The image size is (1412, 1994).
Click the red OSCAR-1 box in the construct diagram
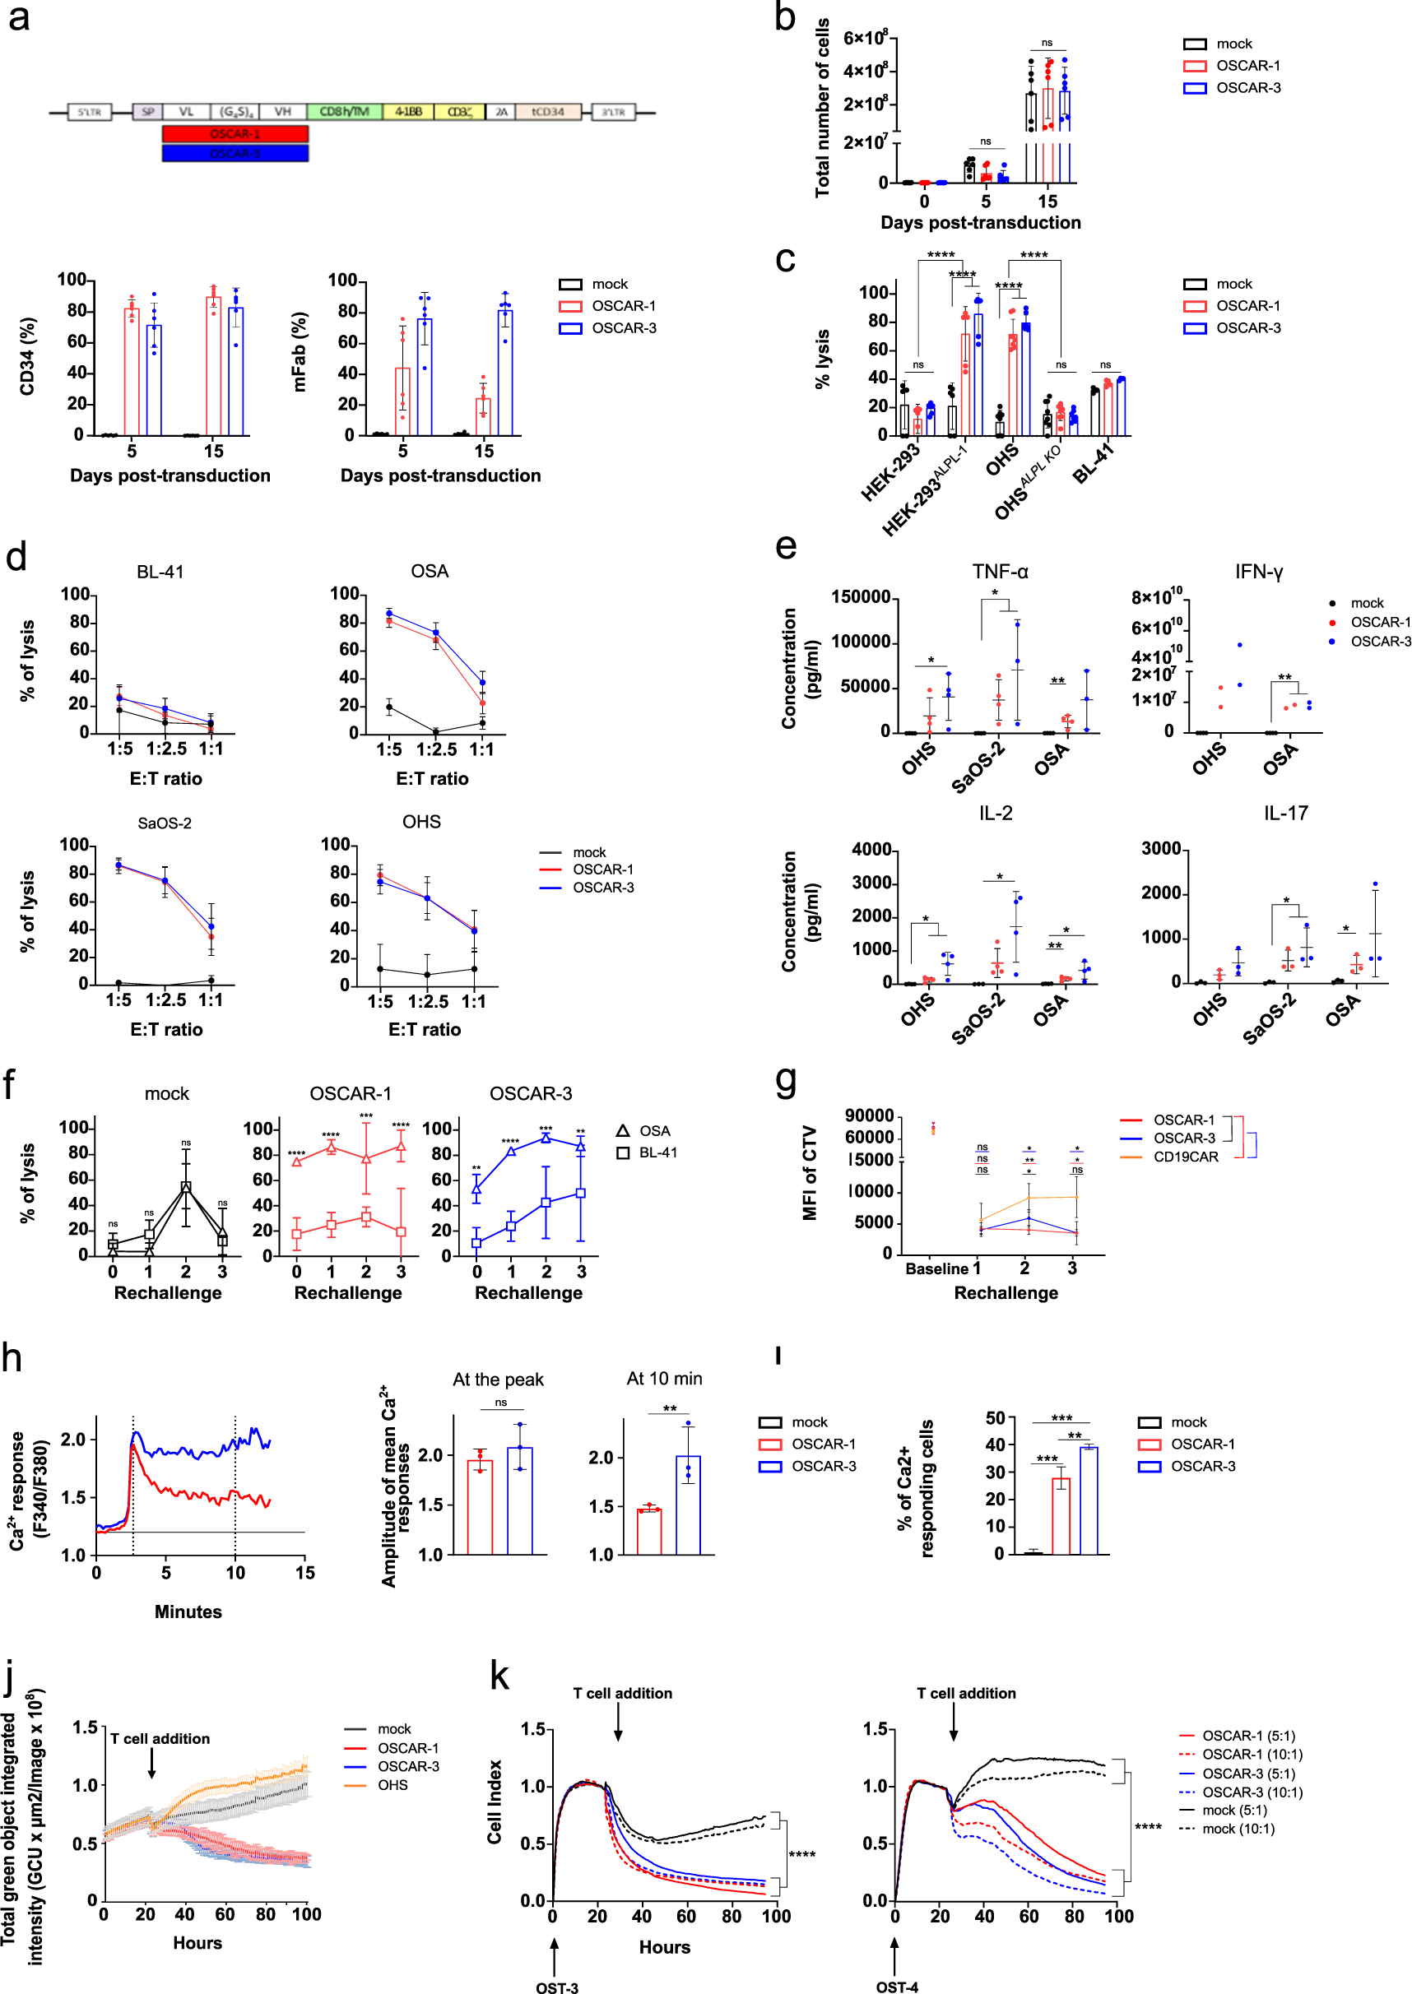[235, 134]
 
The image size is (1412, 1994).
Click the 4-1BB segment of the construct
[408, 112]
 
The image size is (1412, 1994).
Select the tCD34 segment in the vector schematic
[548, 112]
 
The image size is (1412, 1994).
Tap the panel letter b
[784, 17]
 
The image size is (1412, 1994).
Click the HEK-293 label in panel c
[891, 473]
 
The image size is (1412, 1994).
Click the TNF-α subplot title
[1000, 572]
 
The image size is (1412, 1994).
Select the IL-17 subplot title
[1285, 814]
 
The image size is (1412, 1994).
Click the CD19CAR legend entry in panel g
[1185, 1157]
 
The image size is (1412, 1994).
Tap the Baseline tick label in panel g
[936, 1269]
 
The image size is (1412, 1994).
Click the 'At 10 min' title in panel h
[664, 1379]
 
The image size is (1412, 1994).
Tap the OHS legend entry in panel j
[392, 1785]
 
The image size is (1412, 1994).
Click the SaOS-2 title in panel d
[165, 823]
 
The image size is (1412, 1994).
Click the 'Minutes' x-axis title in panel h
[188, 1611]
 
